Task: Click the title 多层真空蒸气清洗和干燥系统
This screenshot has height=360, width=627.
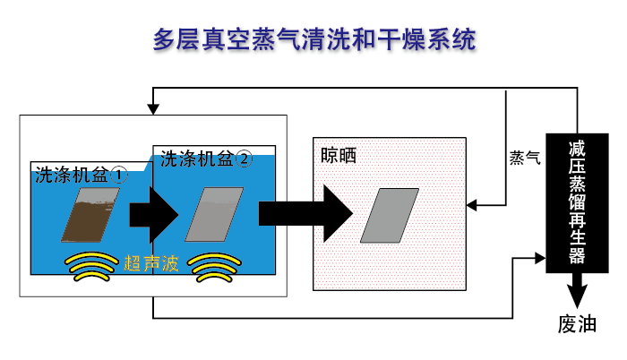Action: (314, 39)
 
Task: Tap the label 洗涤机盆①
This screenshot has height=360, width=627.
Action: (82, 176)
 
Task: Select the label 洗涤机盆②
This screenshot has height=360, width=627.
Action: (206, 159)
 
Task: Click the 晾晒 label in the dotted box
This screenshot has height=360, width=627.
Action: (339, 156)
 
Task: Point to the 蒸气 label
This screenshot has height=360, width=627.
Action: (525, 158)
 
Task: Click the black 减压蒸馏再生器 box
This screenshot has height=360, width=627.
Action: (577, 203)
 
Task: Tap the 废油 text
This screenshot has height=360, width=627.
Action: (577, 324)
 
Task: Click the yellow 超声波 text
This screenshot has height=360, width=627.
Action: (151, 263)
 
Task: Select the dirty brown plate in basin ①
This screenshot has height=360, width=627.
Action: (90, 215)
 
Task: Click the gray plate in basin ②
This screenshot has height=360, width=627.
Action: (214, 214)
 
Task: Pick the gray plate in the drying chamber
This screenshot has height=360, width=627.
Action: (390, 216)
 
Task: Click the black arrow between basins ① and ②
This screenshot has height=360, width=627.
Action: (154, 214)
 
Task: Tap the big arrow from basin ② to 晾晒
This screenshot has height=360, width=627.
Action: (306, 214)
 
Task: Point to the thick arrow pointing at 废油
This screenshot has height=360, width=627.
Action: (577, 290)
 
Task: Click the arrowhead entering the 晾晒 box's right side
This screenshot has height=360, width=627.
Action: (472, 206)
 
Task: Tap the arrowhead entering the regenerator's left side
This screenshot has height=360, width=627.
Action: (540, 258)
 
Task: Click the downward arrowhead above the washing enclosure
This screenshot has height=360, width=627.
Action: (153, 109)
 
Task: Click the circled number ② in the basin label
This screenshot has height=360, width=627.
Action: (244, 159)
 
